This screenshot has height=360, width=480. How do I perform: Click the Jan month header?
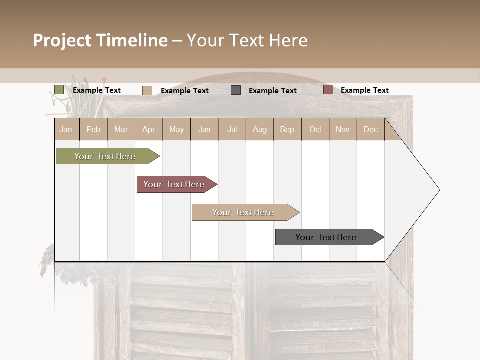pos(66,130)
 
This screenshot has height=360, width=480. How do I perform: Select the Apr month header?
pos(149,130)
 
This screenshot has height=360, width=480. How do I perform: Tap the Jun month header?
pos(204,130)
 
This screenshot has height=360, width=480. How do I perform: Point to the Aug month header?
pos(260,130)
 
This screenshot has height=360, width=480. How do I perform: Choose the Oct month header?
pos(315,130)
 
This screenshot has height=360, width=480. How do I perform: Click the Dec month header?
pos(370,130)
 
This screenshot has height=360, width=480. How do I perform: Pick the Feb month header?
pos(93,130)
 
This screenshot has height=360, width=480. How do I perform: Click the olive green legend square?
pos(59,90)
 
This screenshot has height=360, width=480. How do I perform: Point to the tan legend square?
pos(147,90)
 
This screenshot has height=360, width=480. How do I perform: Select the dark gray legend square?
pos(236,90)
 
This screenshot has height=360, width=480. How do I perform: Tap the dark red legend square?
pos(328,90)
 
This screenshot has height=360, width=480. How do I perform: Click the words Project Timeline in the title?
pos(100,40)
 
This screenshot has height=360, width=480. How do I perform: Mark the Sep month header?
pos(287,130)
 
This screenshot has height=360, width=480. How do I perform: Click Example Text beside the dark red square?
pos(364,90)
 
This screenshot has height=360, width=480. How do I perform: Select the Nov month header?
pos(343,130)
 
